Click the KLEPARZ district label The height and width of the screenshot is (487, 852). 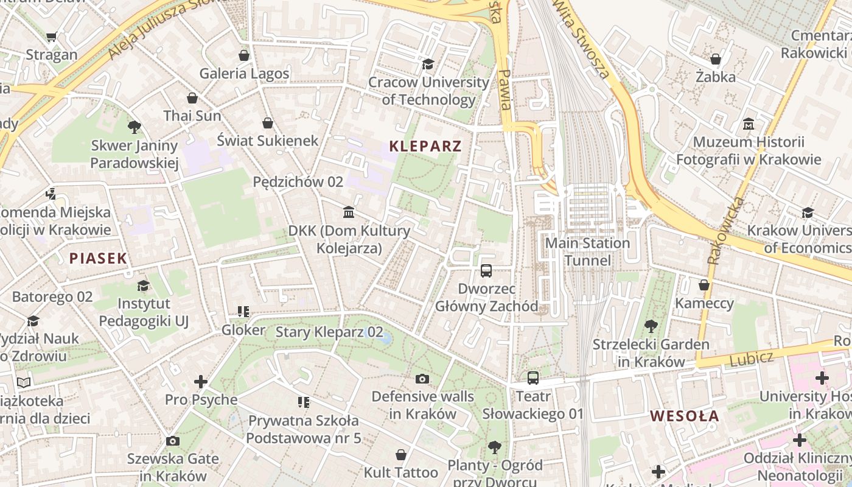(x=425, y=146)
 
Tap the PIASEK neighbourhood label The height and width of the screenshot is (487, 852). (x=98, y=258)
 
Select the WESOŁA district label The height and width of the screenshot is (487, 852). (x=685, y=416)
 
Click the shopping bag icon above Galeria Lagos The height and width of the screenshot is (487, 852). (x=244, y=55)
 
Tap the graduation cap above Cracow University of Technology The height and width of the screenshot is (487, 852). (x=428, y=64)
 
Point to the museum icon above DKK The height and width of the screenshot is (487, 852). (x=349, y=212)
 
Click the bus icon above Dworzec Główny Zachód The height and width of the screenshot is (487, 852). (x=486, y=270)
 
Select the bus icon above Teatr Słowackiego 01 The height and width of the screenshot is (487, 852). (x=533, y=377)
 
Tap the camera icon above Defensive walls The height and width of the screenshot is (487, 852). (x=422, y=379)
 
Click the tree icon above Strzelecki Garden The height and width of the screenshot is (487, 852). (x=651, y=326)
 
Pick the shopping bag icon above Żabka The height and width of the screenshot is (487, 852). (x=716, y=59)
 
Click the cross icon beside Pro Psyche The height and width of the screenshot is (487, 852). (x=201, y=382)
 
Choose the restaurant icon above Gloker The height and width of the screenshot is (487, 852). (x=243, y=312)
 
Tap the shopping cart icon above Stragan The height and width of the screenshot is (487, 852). (x=52, y=37)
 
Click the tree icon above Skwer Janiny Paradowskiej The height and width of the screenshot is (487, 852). (x=134, y=127)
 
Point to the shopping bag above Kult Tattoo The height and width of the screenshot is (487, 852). (x=401, y=455)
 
